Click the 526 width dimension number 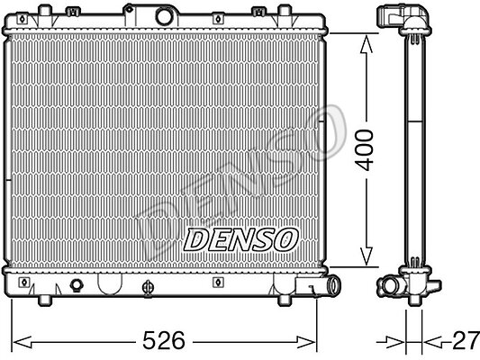pyautogui.click(x=164, y=340)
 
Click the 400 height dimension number pyautogui.click(x=366, y=150)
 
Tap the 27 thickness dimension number pyautogui.click(x=466, y=340)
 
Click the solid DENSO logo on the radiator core pyautogui.click(x=240, y=239)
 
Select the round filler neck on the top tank pyautogui.click(x=163, y=16)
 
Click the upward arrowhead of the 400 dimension pyautogui.click(x=367, y=45)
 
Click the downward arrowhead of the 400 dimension pyautogui.click(x=367, y=256)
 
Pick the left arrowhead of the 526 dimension pyautogui.click(x=22, y=342)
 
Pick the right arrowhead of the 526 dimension pyautogui.click(x=305, y=342)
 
